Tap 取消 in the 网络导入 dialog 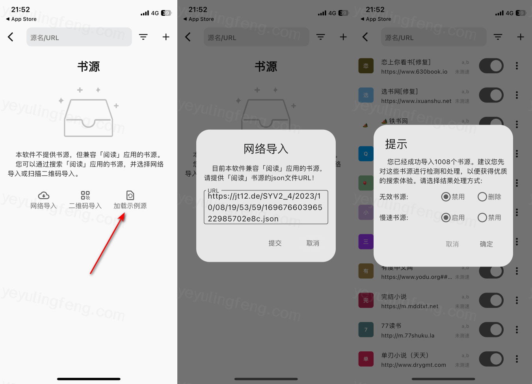click(x=313, y=243)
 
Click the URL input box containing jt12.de click(x=266, y=207)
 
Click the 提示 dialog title click(x=396, y=144)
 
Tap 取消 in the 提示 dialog click(x=452, y=244)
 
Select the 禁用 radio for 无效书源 click(x=446, y=197)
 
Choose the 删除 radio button click(x=482, y=197)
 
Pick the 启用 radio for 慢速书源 click(x=446, y=218)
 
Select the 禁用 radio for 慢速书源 click(x=482, y=218)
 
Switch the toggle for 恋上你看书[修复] click(x=491, y=66)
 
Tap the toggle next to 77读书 click(x=491, y=330)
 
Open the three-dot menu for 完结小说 click(x=517, y=300)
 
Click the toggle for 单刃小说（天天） click(x=491, y=359)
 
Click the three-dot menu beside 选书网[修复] click(x=517, y=95)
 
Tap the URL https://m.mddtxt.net click(x=409, y=306)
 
